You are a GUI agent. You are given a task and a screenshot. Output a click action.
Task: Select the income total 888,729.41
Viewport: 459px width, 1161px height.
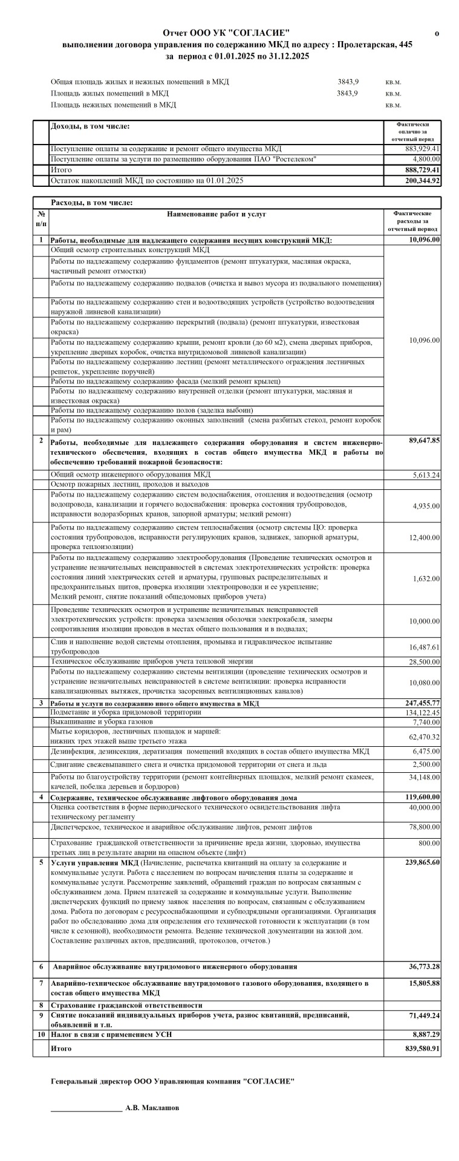coord(423,170)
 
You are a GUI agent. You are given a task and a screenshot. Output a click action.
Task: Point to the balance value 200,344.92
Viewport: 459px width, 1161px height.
coord(423,180)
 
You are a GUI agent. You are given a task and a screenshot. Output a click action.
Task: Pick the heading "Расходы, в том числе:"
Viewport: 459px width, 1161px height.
coord(92,203)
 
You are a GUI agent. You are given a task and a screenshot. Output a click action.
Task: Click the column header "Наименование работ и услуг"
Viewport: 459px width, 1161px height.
coord(216,214)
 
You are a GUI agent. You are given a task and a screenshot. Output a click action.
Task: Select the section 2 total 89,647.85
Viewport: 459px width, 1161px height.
coord(424,440)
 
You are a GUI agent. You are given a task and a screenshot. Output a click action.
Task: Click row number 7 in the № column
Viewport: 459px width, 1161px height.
coord(41,983)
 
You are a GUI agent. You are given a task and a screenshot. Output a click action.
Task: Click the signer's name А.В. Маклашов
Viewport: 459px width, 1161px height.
coord(152,1108)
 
